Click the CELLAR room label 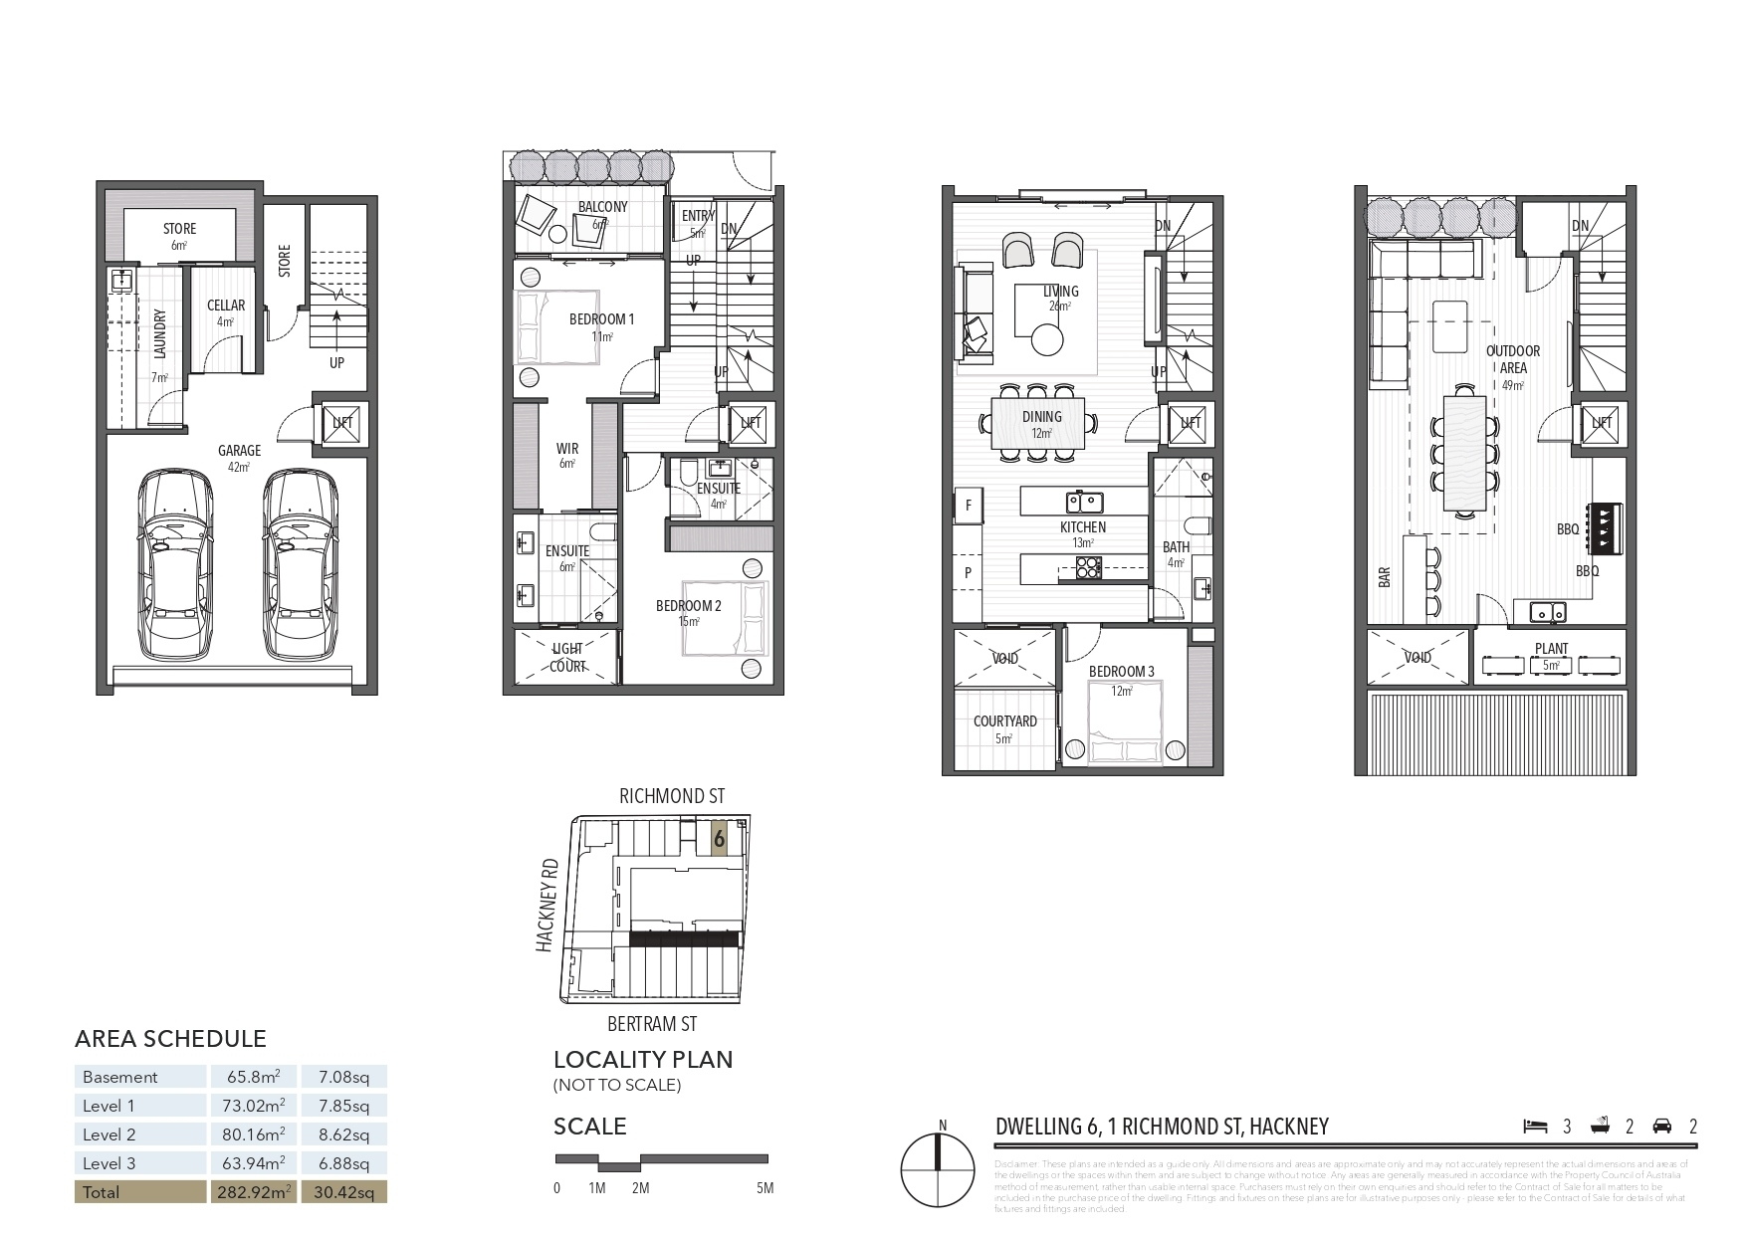[x=226, y=306]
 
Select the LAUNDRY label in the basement [x=160, y=334]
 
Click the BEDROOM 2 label [x=688, y=606]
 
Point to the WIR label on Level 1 [x=567, y=449]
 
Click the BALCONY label [x=602, y=207]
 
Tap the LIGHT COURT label [x=567, y=657]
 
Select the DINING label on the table [x=1041, y=417]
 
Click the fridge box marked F [x=968, y=505]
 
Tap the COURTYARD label [x=1005, y=721]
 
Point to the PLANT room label [x=1551, y=649]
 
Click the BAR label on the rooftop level [x=1385, y=578]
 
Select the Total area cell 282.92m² [x=253, y=1192]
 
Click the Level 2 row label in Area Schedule [x=109, y=1134]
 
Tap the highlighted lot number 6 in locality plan [x=719, y=839]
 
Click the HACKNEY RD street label [x=546, y=908]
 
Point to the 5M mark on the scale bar [x=764, y=1187]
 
